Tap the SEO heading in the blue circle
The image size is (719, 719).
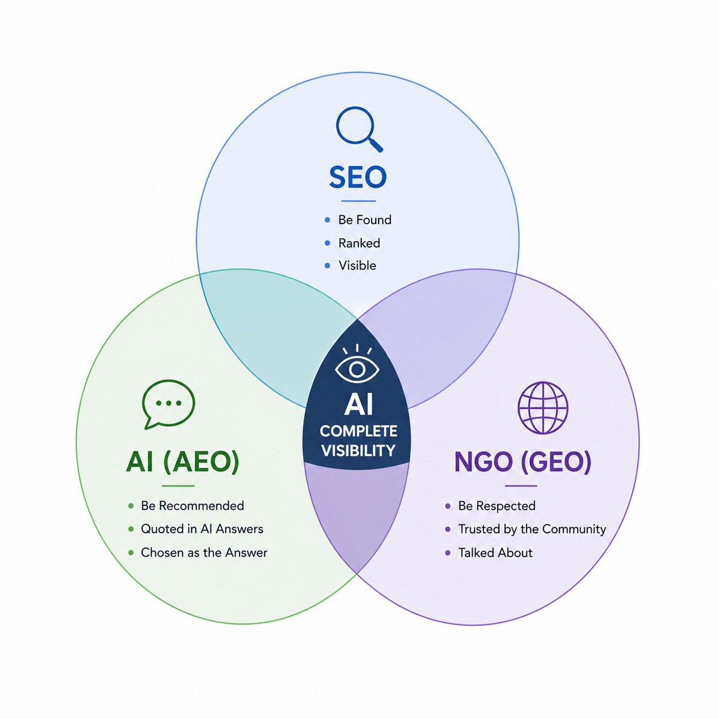(x=358, y=177)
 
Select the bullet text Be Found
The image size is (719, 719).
(x=364, y=220)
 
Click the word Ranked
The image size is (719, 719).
(x=359, y=243)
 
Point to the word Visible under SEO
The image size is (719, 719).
(x=357, y=265)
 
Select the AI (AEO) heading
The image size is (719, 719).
(x=183, y=462)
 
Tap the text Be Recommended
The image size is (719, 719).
(x=192, y=506)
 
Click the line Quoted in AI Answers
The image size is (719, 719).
(x=202, y=528)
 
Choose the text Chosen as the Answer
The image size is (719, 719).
(x=204, y=552)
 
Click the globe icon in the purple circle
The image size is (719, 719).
(x=543, y=407)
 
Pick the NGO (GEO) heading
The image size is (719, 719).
(x=522, y=462)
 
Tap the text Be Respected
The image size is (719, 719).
(x=497, y=506)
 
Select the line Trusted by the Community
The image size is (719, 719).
(x=532, y=529)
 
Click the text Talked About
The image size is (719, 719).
(x=495, y=552)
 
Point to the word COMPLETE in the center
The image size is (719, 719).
(x=358, y=431)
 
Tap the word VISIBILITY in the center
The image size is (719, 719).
(x=358, y=451)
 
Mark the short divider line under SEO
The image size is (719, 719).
(x=358, y=201)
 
